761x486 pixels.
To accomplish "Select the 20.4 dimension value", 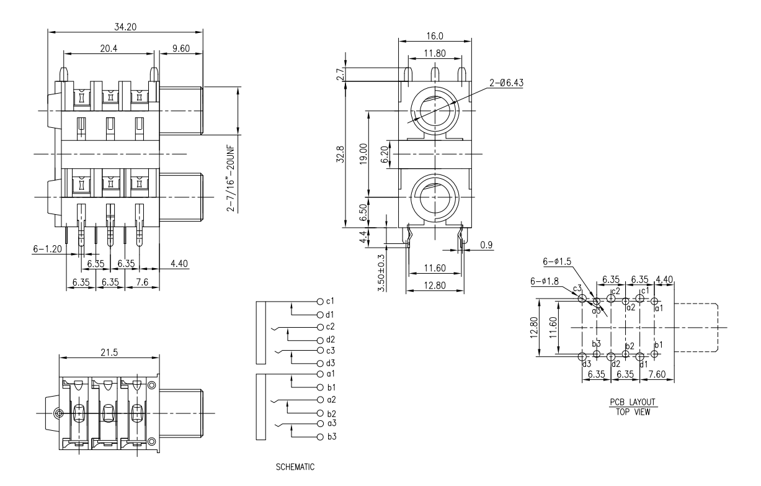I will [x=110, y=48].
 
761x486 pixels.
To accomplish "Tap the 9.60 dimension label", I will [x=180, y=48].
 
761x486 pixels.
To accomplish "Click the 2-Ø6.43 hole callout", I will [x=505, y=82].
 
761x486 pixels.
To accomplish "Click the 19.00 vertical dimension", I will [x=364, y=153].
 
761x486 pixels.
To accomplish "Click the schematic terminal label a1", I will [x=330, y=374].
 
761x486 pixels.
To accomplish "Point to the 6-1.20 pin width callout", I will [x=47, y=249].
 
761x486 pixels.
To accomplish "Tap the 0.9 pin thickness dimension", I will [x=487, y=245].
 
